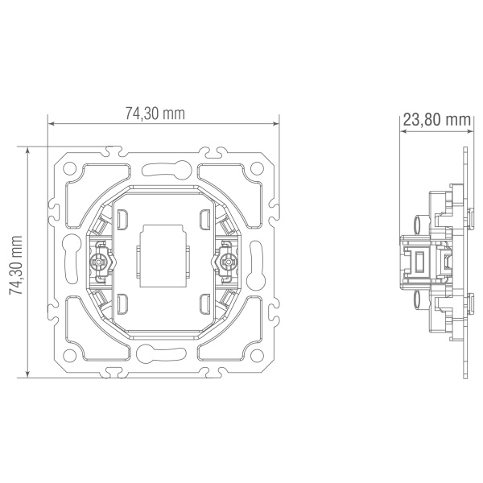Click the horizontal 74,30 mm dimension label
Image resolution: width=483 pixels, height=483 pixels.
tap(155, 114)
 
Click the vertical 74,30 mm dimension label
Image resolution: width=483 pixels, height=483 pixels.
tap(16, 265)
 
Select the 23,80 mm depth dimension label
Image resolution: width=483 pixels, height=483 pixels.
tap(437, 120)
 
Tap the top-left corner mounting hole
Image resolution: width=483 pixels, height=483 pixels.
tap(69, 168)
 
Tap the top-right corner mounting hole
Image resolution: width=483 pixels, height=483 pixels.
tap(257, 168)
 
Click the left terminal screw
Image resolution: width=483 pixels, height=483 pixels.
tap(98, 262)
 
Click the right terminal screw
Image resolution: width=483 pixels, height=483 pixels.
tap(228, 262)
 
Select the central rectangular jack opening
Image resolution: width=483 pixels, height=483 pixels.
tap(163, 256)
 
